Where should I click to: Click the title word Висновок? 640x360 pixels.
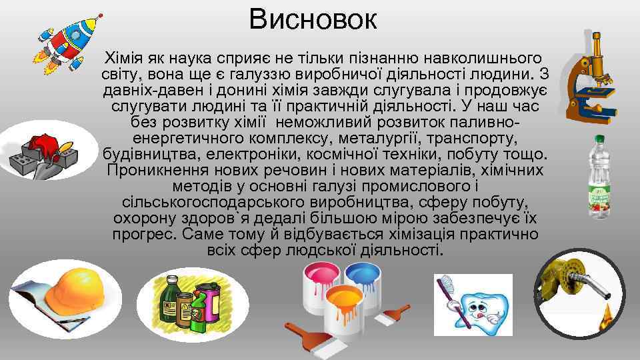tap(313, 20)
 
